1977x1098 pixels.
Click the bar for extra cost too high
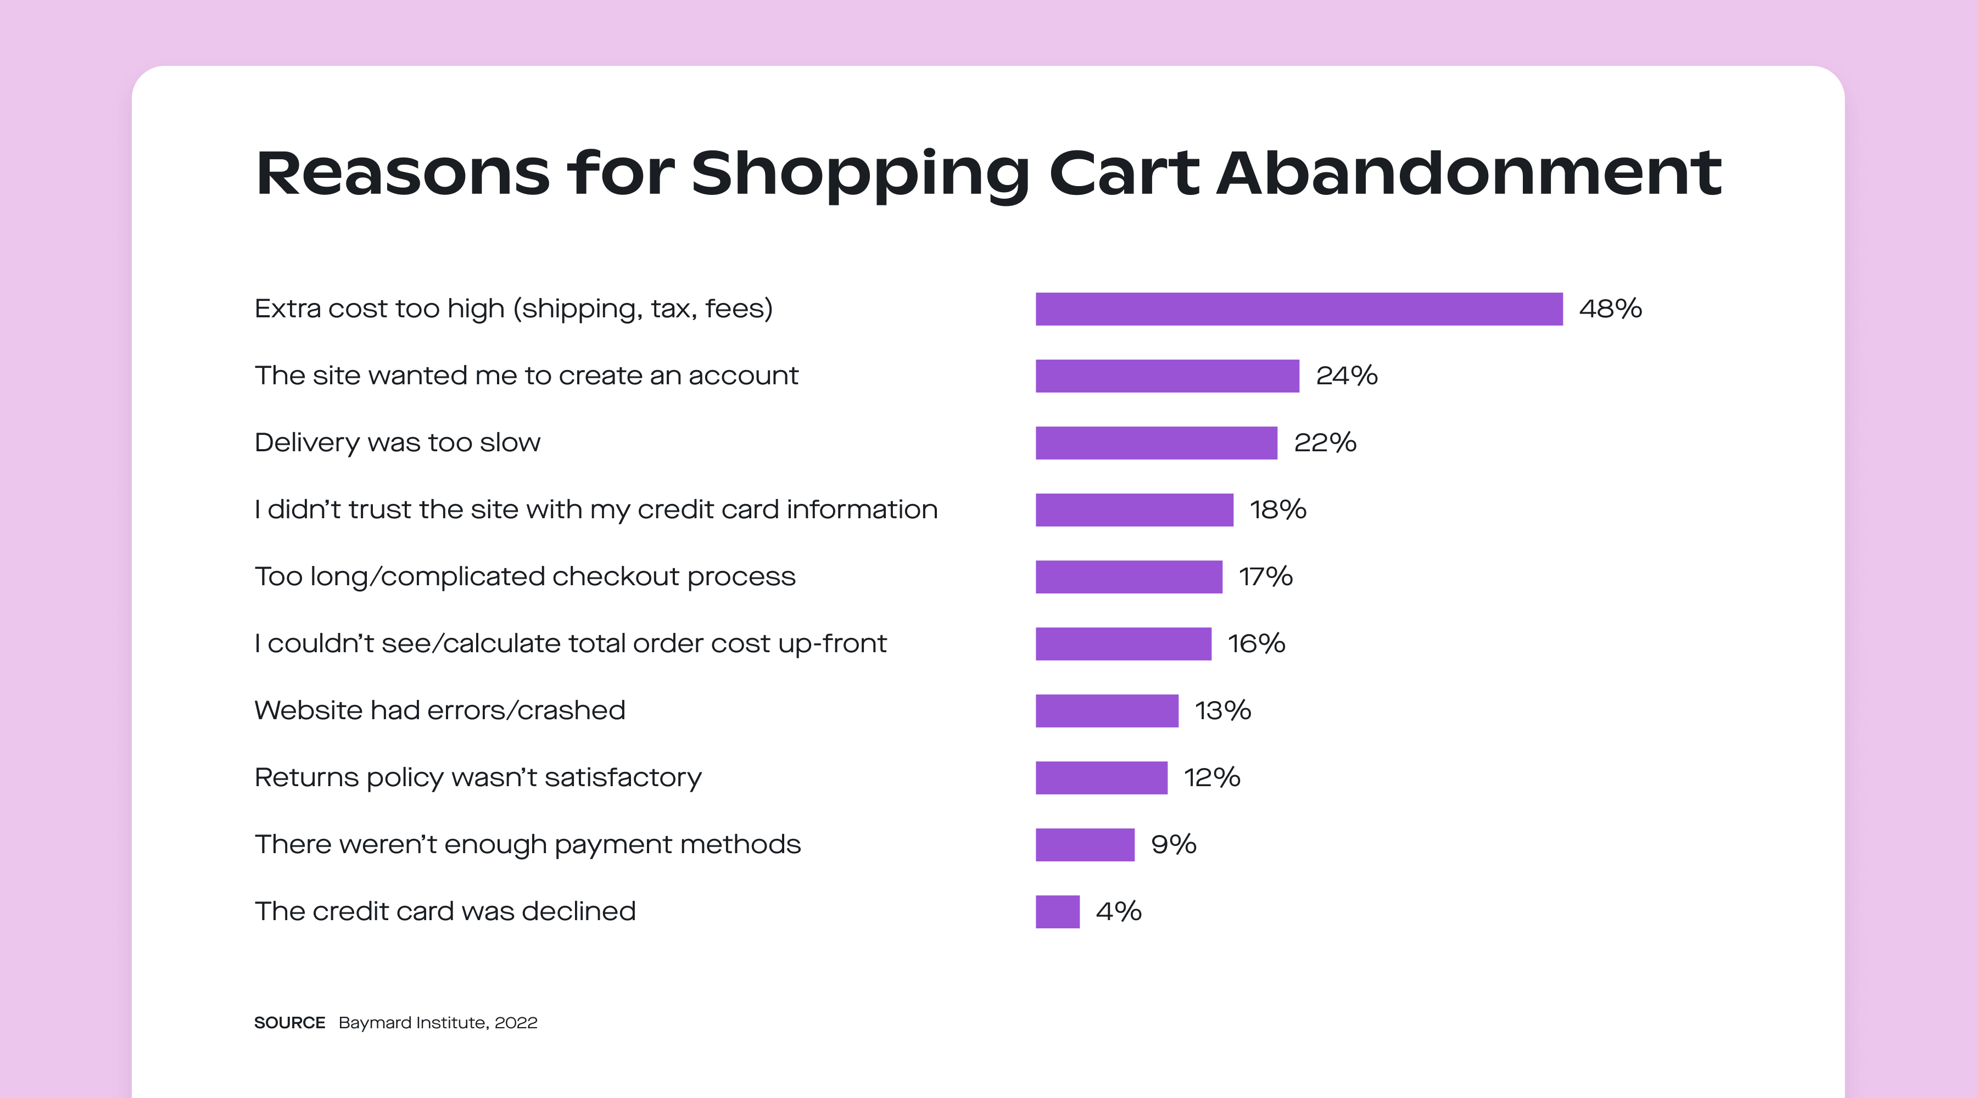point(1299,309)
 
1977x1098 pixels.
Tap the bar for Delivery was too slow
point(1156,442)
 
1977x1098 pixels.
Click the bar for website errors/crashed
point(1107,710)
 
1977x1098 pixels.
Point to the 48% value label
point(1610,309)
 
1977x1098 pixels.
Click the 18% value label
point(1278,509)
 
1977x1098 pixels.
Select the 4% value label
point(1118,911)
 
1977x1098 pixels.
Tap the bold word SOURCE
point(289,1023)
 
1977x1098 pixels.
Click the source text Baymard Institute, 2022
point(438,1023)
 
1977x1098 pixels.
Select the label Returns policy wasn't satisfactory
point(477,778)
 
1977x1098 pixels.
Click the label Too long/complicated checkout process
point(525,577)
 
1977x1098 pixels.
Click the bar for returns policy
point(1101,778)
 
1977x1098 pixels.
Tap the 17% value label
point(1266,577)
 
